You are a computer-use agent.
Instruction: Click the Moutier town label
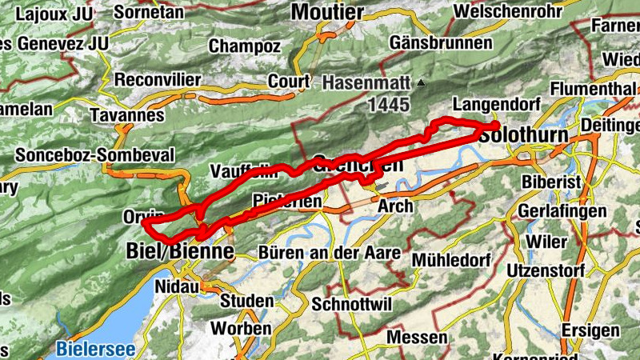[x=327, y=11]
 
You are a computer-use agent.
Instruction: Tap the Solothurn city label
[x=524, y=136]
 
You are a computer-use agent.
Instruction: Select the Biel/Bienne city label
[x=180, y=251]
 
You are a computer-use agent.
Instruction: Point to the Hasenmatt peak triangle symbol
[x=422, y=82]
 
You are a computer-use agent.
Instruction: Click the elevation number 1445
[x=389, y=104]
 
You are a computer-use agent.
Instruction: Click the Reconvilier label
[x=158, y=80]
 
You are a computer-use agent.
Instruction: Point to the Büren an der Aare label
[x=330, y=253]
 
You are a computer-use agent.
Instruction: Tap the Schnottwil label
[x=349, y=305]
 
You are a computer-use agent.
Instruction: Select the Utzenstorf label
[x=546, y=270]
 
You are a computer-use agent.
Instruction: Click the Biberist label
[x=551, y=182]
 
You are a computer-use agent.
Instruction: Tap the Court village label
[x=289, y=81]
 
